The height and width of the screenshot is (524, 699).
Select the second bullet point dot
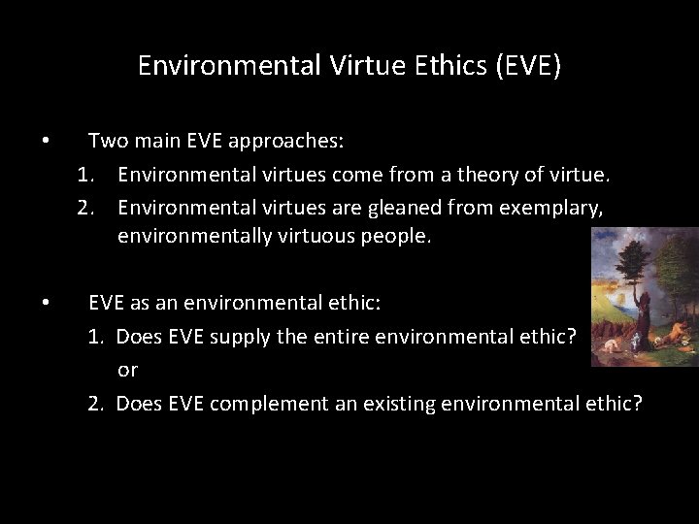point(46,303)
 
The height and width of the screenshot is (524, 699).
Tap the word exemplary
point(548,207)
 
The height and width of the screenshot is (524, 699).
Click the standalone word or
point(128,370)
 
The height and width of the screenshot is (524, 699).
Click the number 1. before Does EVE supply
point(96,337)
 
